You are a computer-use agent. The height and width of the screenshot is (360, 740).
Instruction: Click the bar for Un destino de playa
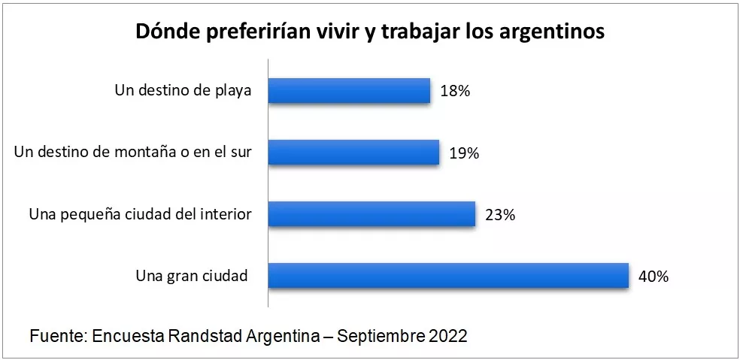point(349,90)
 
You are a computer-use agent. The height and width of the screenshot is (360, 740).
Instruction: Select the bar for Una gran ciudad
point(448,275)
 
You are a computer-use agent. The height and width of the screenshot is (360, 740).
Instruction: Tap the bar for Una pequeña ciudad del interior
point(372,213)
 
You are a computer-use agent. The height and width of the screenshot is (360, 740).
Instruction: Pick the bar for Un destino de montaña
point(353,152)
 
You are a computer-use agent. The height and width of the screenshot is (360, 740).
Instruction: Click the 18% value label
point(456,91)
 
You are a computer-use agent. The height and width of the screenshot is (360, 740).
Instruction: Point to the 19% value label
point(465,153)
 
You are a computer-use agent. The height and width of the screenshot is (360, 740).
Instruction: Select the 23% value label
point(500,214)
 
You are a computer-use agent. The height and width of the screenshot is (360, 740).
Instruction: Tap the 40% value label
point(654,276)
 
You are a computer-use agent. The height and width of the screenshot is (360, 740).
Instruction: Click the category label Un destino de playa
point(182,91)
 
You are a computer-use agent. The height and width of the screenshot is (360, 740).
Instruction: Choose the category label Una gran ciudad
point(192,276)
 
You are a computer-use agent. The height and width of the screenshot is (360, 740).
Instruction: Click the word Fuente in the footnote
point(57,335)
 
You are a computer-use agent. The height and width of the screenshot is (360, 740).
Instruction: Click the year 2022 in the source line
point(448,335)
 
